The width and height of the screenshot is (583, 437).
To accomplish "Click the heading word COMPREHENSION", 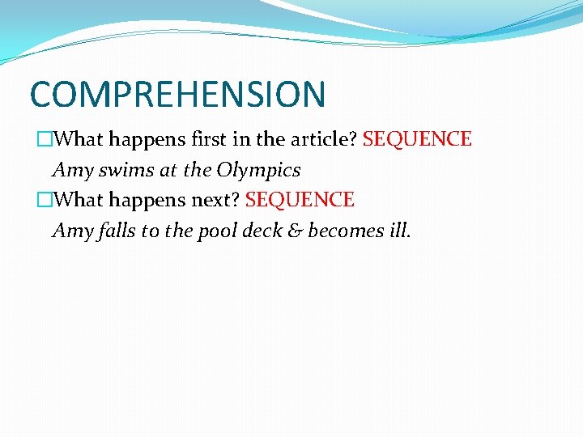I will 177,94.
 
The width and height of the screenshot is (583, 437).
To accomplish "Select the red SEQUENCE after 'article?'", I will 417,139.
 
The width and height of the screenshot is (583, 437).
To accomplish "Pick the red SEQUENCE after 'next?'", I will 300,200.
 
